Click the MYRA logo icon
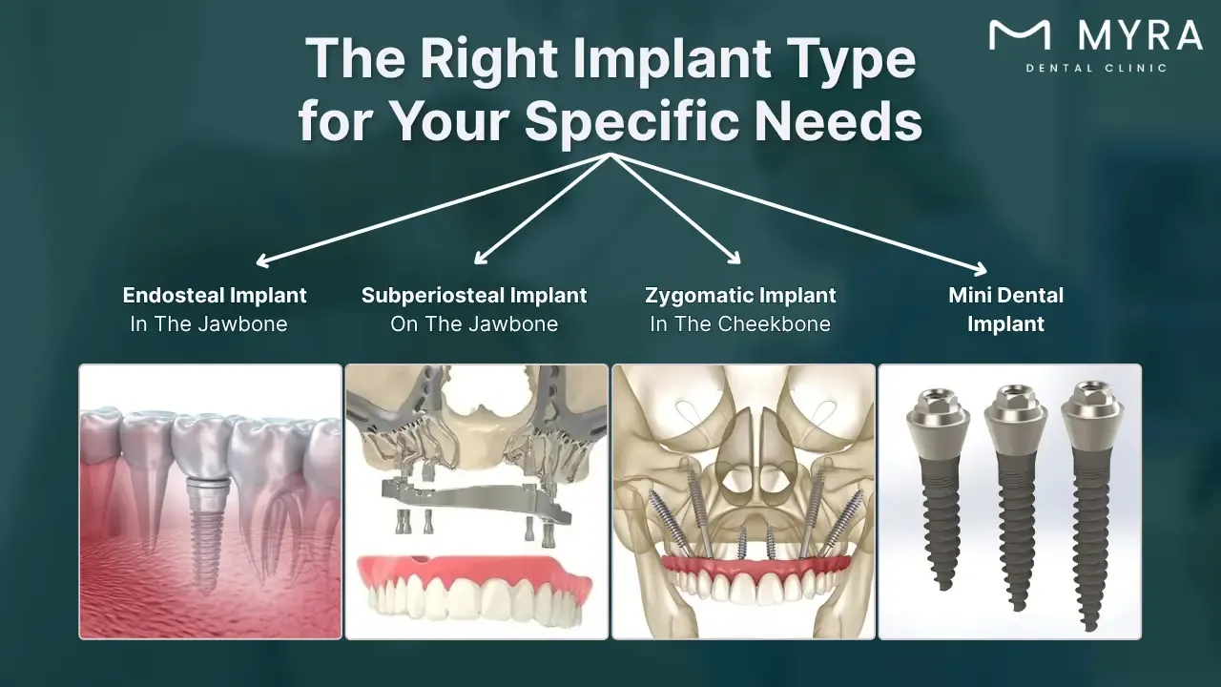[1020, 35]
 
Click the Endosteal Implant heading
[215, 295]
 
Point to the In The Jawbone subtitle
[209, 324]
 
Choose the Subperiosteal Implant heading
[474, 295]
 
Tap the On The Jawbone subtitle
[474, 324]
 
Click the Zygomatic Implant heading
[740, 295]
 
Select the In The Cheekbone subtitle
[740, 324]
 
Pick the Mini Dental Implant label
[1005, 309]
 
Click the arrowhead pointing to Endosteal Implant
[262, 260]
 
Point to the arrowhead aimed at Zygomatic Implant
[735, 258]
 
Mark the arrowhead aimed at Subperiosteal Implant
[480, 258]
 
